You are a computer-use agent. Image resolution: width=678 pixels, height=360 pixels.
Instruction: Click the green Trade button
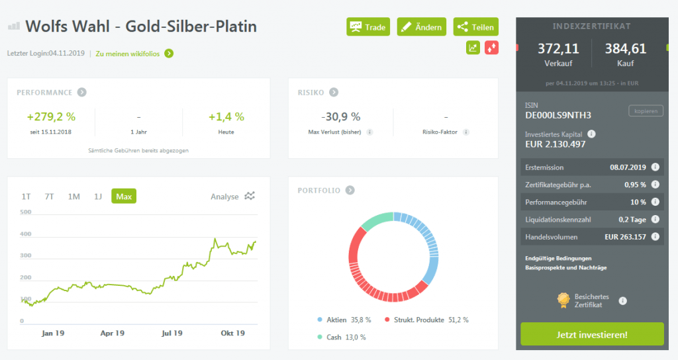[368, 27]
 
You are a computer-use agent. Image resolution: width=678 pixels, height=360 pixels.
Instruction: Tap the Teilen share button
[475, 27]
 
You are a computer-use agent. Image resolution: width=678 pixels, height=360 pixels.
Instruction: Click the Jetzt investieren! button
[592, 334]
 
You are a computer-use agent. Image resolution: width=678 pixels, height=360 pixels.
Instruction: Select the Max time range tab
[124, 196]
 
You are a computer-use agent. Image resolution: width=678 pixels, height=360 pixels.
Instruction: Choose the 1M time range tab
[74, 196]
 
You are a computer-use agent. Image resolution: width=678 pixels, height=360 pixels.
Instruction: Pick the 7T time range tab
[50, 196]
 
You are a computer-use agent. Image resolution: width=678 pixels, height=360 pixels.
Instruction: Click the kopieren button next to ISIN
[645, 111]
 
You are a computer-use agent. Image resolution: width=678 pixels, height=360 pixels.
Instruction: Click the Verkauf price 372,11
[558, 48]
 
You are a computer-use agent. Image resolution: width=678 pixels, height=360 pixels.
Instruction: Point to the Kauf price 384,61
[625, 48]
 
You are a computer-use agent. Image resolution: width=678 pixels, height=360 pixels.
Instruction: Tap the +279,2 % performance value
[51, 116]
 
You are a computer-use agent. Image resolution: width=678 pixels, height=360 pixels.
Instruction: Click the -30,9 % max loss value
[340, 116]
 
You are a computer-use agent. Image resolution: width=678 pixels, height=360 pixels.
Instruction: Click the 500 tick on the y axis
[26, 212]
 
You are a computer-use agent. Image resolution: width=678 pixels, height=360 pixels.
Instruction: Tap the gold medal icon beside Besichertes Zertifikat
[563, 301]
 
